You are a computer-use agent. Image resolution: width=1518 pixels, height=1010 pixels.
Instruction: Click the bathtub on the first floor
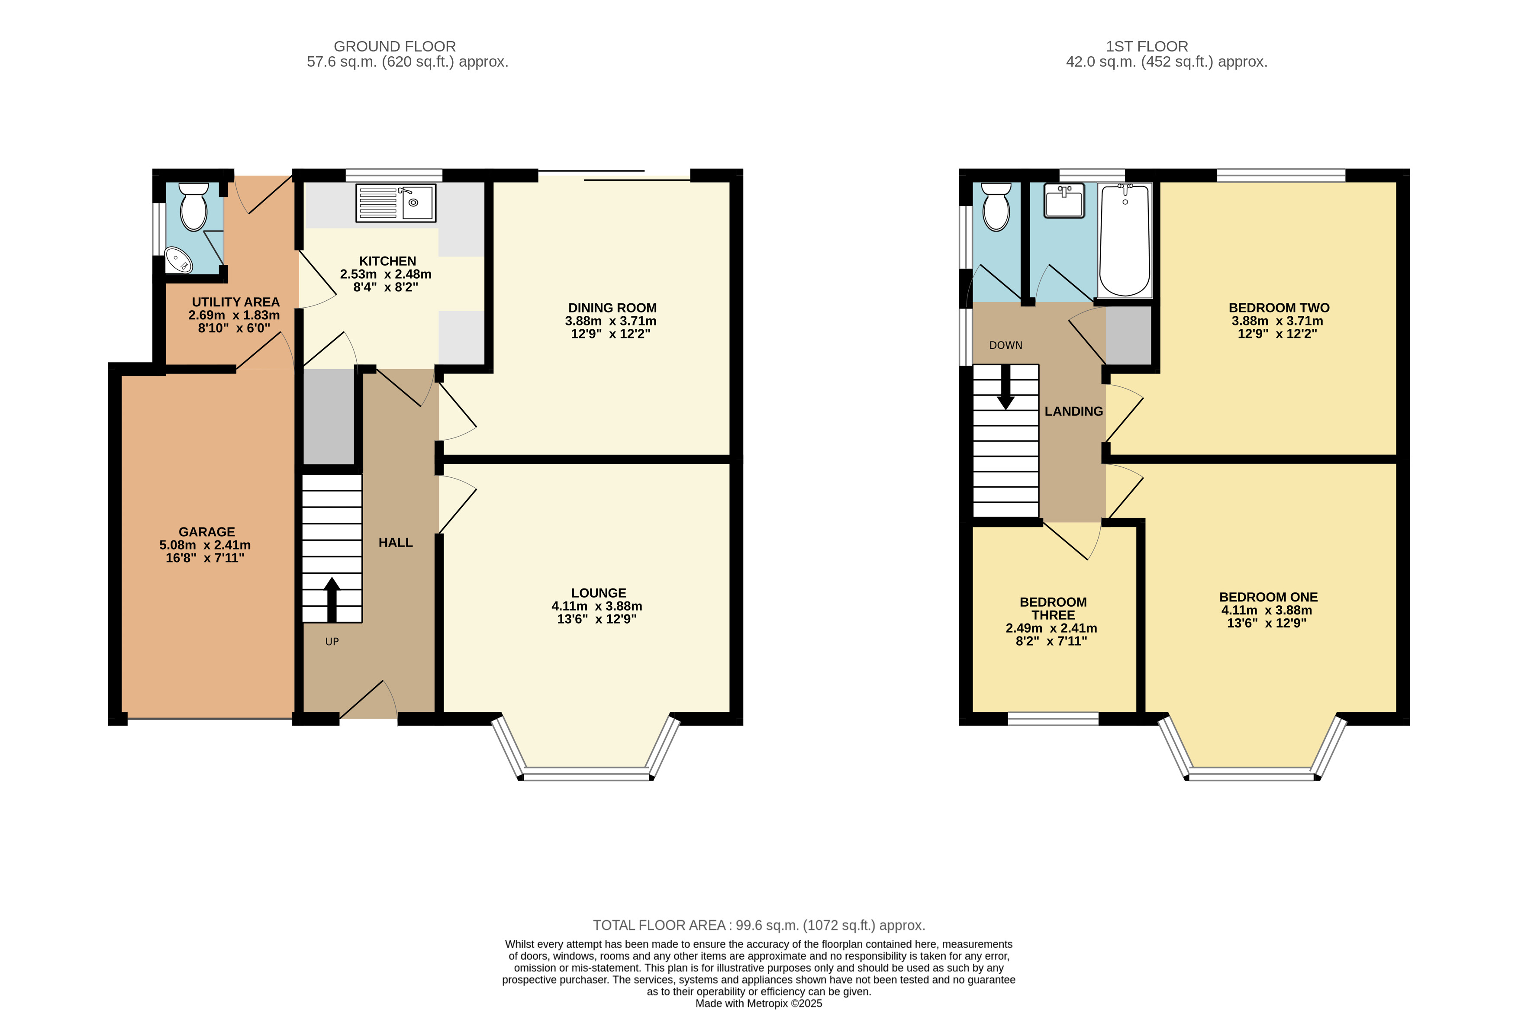[1125, 240]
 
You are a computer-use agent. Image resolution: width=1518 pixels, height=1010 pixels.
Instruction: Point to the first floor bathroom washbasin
[1064, 201]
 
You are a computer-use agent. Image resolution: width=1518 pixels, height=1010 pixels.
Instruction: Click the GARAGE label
[207, 532]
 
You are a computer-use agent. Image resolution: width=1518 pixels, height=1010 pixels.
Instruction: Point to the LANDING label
[1073, 412]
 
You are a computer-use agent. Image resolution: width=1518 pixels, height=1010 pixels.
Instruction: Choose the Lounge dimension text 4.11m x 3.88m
[596, 606]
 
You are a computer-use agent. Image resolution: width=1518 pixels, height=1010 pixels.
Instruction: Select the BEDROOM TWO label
[1279, 308]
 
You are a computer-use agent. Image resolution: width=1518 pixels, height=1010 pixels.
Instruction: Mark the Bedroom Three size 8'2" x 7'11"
[1051, 641]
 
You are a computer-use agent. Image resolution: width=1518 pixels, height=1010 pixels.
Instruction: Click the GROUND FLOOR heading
[395, 46]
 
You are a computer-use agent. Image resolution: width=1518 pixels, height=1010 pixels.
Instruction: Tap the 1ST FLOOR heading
[1147, 46]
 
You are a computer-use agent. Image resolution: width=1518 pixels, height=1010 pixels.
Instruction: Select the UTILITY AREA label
[236, 302]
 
